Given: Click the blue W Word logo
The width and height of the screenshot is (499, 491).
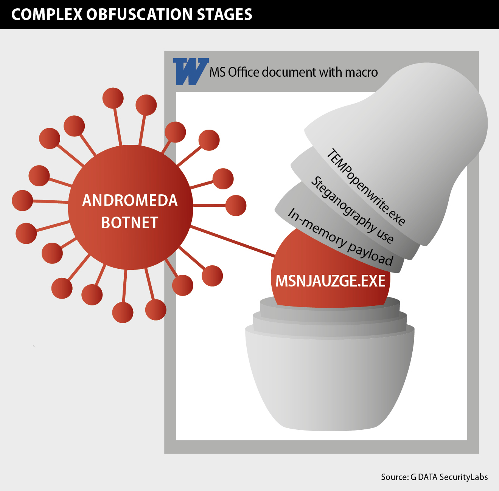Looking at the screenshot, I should point(190,71).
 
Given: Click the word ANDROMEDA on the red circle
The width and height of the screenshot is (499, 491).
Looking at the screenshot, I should point(130,200).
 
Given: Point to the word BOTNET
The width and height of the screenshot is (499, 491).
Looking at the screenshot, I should point(130,223).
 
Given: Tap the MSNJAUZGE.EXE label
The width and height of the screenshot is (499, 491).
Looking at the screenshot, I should point(330,281).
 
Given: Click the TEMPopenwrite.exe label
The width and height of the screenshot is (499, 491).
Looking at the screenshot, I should point(365,187).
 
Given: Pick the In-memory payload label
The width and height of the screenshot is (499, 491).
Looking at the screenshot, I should point(340,237).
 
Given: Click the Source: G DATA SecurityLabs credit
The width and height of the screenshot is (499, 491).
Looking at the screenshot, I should point(434,477).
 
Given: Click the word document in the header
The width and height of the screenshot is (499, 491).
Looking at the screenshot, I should point(289,72).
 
